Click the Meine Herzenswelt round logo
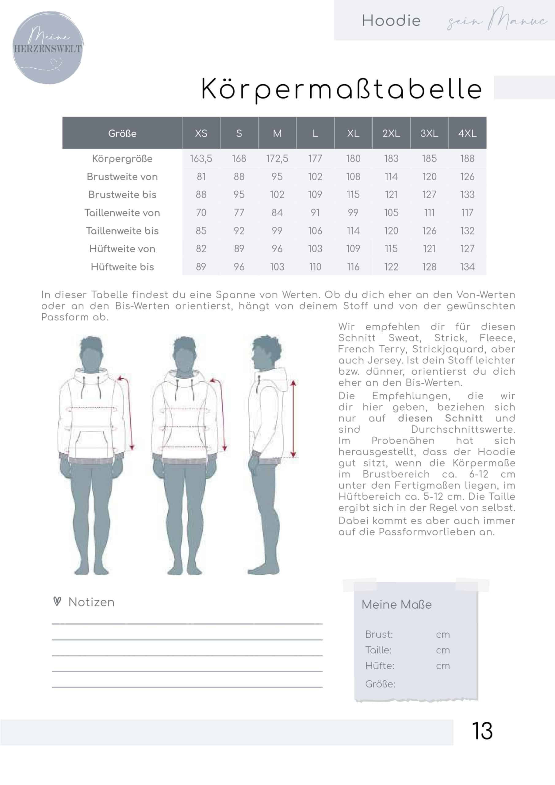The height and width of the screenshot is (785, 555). coord(48,48)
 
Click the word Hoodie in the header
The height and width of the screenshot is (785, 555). coord(391,21)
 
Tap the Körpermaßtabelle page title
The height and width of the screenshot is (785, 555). coord(341,89)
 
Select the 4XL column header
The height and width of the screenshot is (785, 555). coord(467,133)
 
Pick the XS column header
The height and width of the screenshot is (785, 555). coord(201,133)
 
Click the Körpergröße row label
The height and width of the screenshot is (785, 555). coord(122,159)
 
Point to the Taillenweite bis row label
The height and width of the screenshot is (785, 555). coord(122,231)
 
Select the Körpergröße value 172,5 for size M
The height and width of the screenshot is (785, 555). coord(277,159)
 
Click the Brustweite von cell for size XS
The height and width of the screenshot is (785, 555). coord(201,177)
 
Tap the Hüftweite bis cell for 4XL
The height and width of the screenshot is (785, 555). coord(467,267)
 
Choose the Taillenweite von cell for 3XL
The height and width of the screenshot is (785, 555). coord(429,213)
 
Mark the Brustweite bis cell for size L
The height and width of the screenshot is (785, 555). coord(315,194)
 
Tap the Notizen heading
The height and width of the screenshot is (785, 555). coord(91,602)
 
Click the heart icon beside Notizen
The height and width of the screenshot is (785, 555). coord(57,601)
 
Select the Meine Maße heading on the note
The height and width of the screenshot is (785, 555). coord(396,604)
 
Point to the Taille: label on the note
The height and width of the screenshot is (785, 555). coord(378,650)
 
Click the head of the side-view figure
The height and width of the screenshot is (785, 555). coord(267,352)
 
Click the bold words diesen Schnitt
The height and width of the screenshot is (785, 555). coord(440,418)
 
